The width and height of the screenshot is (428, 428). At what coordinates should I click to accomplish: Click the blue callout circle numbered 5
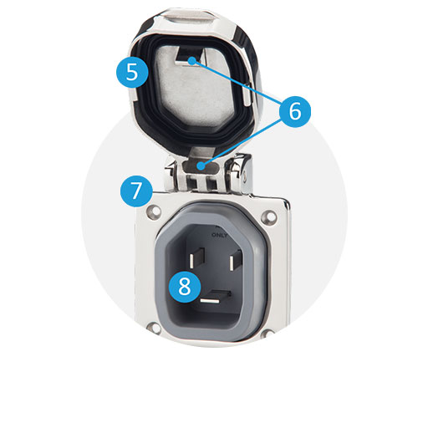click(x=132, y=72)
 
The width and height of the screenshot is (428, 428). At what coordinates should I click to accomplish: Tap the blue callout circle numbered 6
click(x=295, y=111)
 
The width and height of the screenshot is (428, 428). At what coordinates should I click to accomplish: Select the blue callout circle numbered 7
click(x=136, y=191)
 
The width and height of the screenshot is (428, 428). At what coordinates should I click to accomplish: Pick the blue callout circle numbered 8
click(x=184, y=287)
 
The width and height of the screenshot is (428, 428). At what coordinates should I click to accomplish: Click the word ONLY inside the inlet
click(x=219, y=235)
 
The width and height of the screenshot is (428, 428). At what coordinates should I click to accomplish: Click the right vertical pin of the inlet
click(x=235, y=260)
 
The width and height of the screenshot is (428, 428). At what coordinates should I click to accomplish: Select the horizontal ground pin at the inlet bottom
click(x=215, y=297)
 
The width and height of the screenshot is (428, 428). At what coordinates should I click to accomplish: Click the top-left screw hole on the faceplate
click(x=155, y=211)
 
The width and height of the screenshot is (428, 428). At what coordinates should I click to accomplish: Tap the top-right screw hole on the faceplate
click(x=268, y=216)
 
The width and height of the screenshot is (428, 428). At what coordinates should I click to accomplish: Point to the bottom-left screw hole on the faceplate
click(x=154, y=327)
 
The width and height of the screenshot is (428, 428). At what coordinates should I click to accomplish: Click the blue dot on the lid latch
click(x=192, y=60)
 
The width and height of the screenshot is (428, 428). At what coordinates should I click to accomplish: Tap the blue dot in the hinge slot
click(x=201, y=166)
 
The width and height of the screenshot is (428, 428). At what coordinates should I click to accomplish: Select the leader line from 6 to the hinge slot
click(x=242, y=142)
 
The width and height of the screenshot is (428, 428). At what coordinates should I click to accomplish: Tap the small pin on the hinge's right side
click(x=244, y=176)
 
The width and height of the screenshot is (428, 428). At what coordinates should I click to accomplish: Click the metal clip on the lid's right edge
click(x=247, y=94)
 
